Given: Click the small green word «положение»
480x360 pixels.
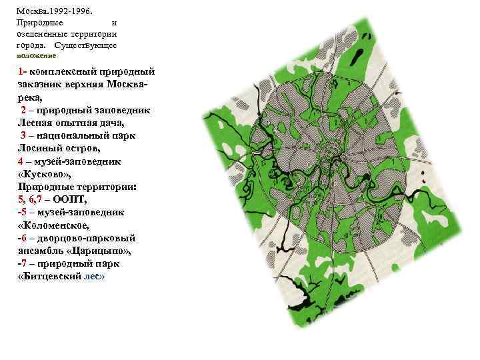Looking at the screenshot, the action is pos(36,56).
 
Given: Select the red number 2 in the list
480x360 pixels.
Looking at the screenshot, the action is pos(23,110).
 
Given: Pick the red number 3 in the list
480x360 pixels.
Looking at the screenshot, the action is pos(23,135).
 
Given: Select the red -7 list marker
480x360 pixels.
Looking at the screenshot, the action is pos(21,263).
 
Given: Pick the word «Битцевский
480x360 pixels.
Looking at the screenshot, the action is pos(47,276).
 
